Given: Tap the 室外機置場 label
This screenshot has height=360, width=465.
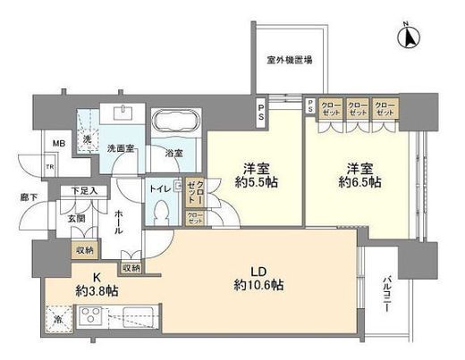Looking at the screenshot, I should pos(289,61).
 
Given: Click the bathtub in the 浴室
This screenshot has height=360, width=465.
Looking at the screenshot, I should pos(177,123).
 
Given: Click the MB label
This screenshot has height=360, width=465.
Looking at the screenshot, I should pos(33,144).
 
